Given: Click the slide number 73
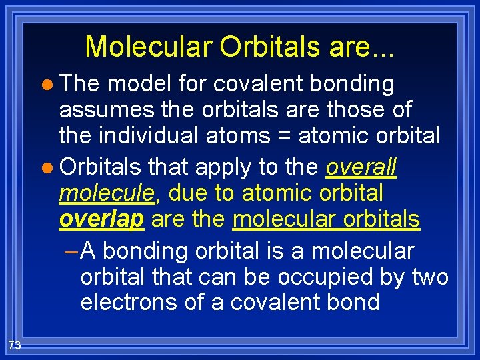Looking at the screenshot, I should [15, 345].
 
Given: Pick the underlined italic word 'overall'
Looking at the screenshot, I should [361, 167].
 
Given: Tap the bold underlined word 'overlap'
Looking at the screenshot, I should [101, 219].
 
